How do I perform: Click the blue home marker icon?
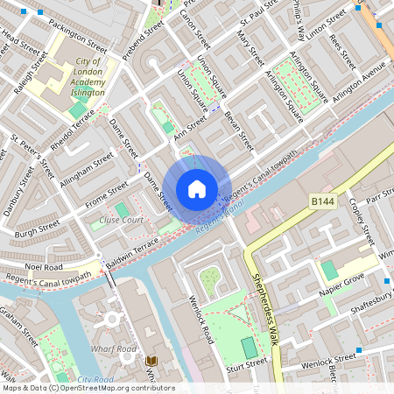pyautogui.click(x=197, y=188)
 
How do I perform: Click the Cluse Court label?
pyautogui.click(x=121, y=220)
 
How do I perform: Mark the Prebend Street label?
pyautogui.click(x=143, y=40)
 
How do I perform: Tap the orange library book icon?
pyautogui.click(x=151, y=360)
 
